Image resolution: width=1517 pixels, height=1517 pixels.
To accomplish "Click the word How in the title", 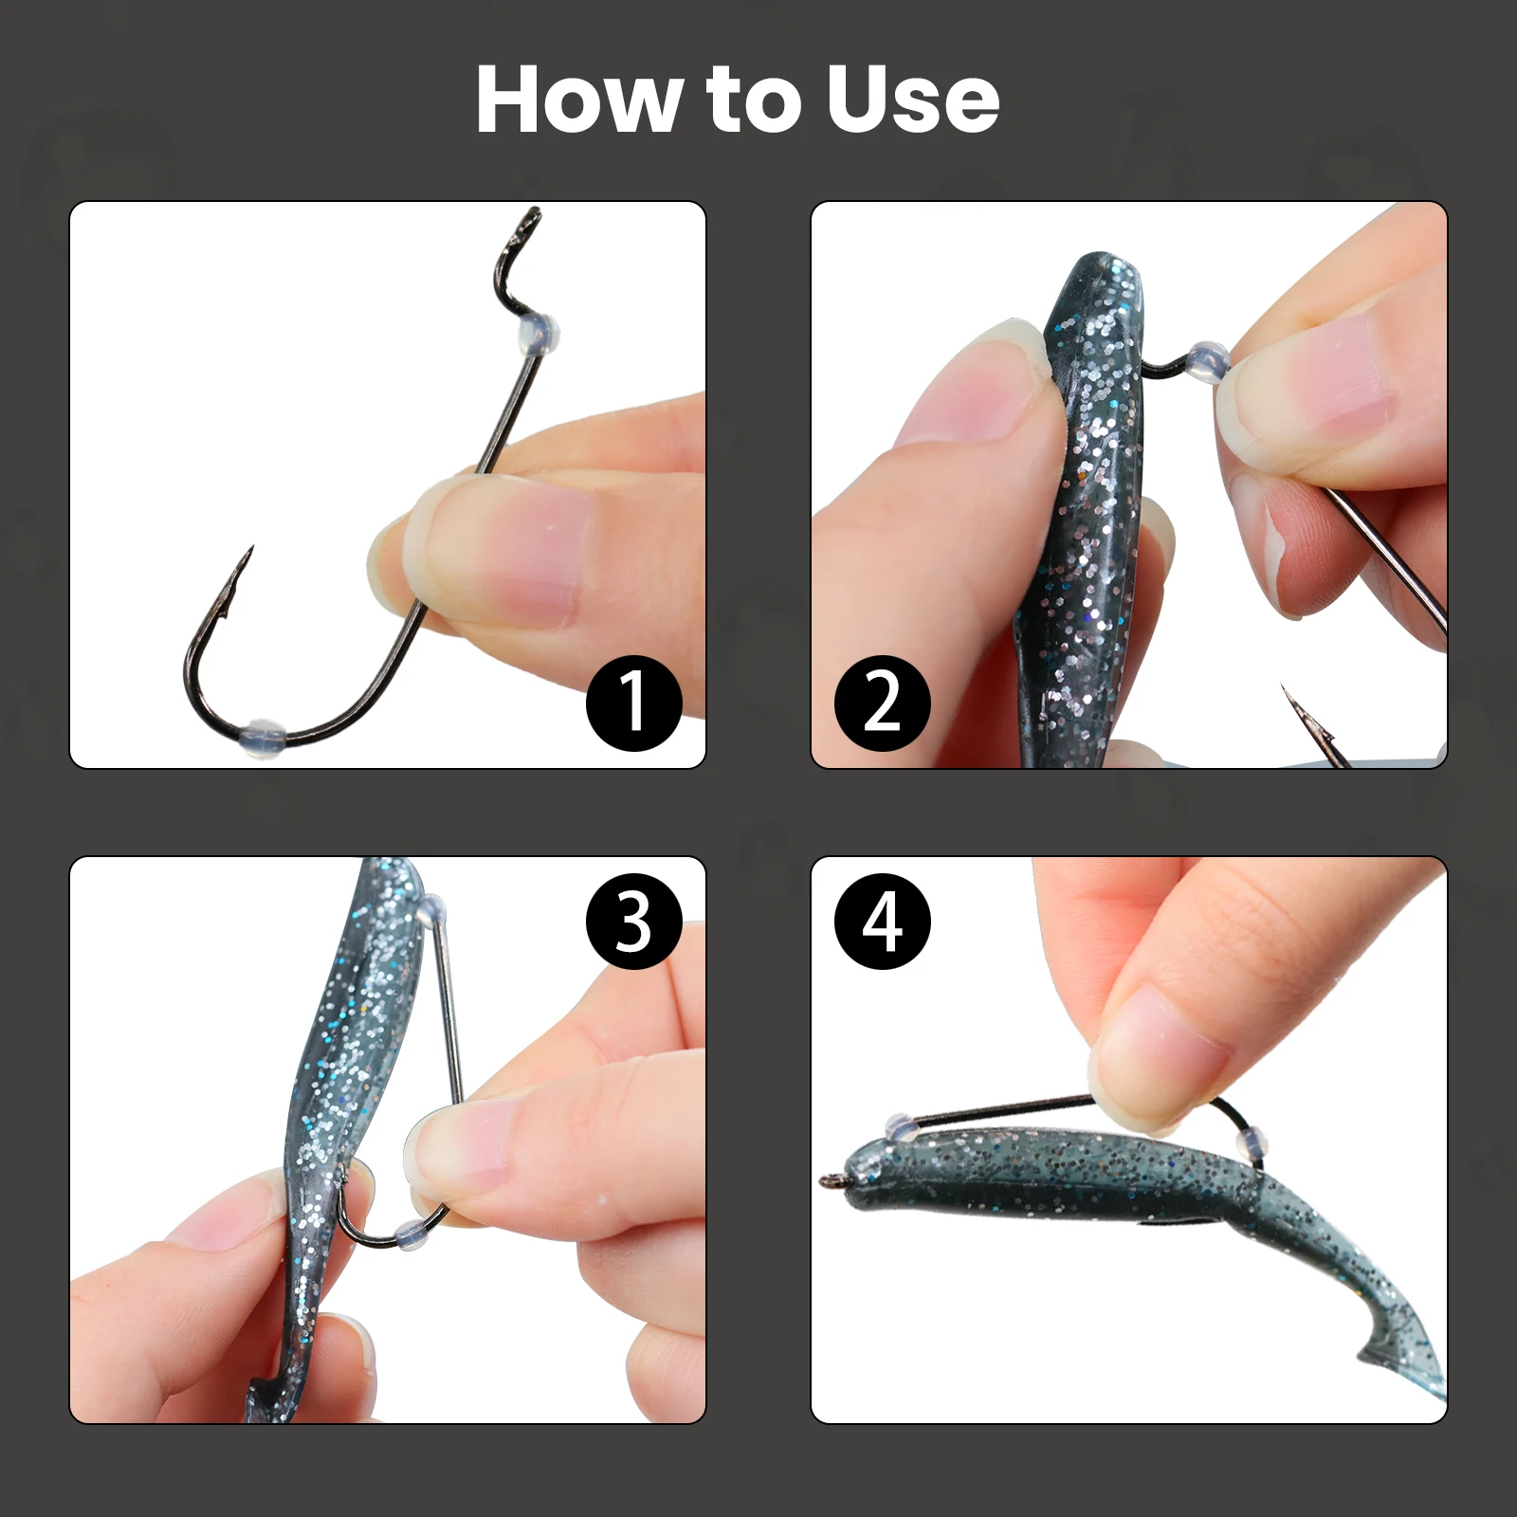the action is click(x=579, y=100).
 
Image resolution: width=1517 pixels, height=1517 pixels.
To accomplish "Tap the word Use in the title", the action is click(x=912, y=100).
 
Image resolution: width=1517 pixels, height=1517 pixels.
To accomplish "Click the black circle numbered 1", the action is click(x=634, y=703).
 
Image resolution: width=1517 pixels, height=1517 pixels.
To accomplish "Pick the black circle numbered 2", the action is click(x=883, y=703).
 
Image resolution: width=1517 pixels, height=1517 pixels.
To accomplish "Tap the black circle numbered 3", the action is click(x=634, y=921).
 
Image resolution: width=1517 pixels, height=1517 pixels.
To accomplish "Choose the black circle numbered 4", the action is click(x=883, y=921).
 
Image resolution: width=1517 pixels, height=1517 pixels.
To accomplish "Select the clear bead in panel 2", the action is click(x=1209, y=361).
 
